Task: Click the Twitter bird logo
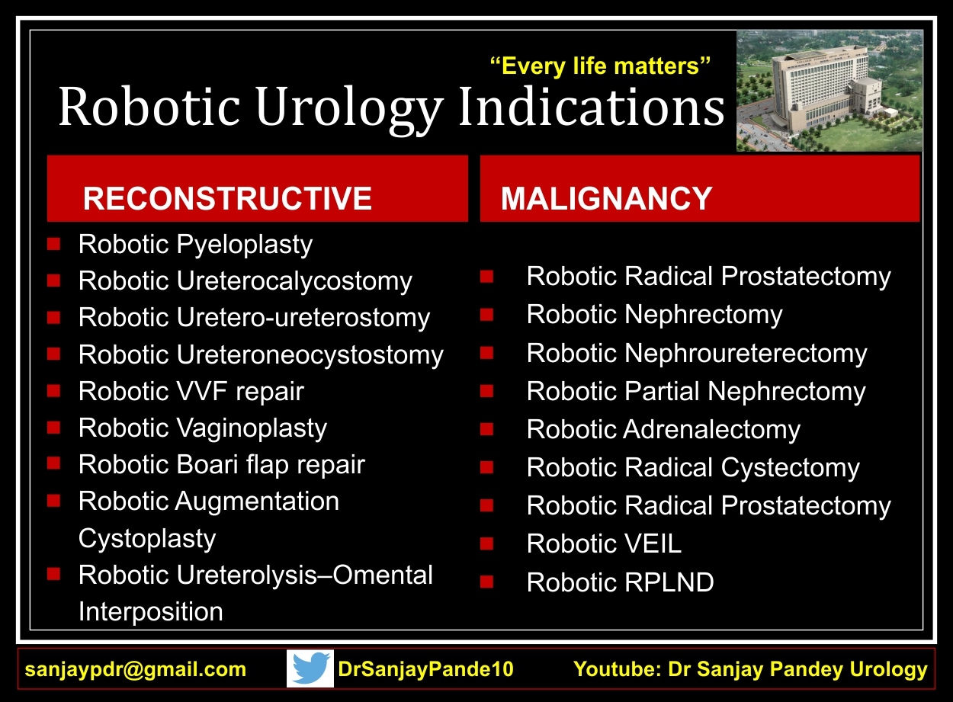[310, 668]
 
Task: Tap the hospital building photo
[829, 91]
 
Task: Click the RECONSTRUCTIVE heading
[228, 198]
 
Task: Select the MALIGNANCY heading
[607, 198]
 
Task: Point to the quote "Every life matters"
[600, 66]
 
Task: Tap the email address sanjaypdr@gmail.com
[136, 669]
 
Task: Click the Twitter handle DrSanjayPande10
[426, 668]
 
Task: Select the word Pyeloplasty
[245, 245]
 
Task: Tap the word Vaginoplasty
[252, 428]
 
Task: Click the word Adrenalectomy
[712, 429]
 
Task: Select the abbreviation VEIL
[653, 543]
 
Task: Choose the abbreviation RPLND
[669, 582]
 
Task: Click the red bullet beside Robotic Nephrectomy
[486, 315]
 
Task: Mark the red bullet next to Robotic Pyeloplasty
[53, 244]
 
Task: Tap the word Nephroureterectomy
[746, 353]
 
